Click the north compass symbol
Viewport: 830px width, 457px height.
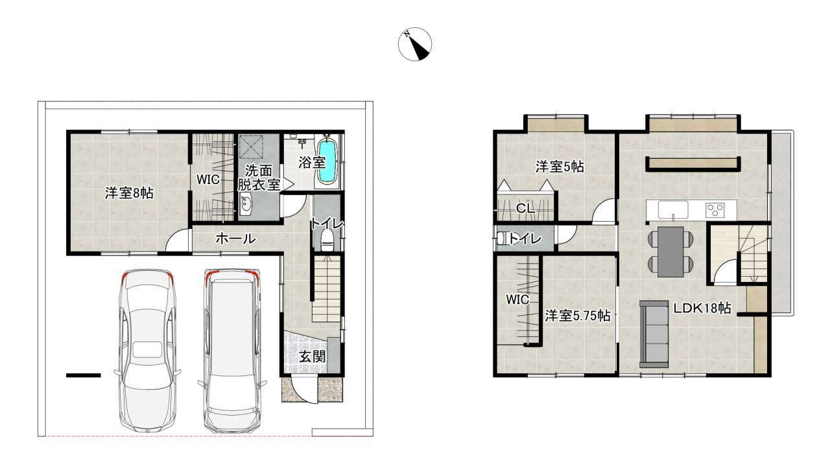(415, 43)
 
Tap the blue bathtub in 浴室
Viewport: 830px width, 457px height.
(327, 162)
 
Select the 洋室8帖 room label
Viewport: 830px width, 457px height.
(129, 193)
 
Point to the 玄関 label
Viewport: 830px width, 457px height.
(313, 357)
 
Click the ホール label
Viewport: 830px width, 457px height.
(235, 239)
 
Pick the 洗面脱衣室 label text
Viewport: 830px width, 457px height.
(259, 178)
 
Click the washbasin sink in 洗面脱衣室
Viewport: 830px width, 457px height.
(245, 204)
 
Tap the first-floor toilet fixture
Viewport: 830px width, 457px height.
(326, 240)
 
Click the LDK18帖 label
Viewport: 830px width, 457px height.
(702, 308)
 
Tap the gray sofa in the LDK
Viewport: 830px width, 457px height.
(654, 334)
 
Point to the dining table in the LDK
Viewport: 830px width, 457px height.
(670, 252)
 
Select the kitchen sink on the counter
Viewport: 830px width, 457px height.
(673, 210)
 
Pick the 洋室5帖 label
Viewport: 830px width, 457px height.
(560, 167)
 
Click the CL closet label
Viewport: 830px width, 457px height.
(526, 209)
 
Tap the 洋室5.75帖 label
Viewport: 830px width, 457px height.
(578, 316)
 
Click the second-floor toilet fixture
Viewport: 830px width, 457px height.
(503, 239)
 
